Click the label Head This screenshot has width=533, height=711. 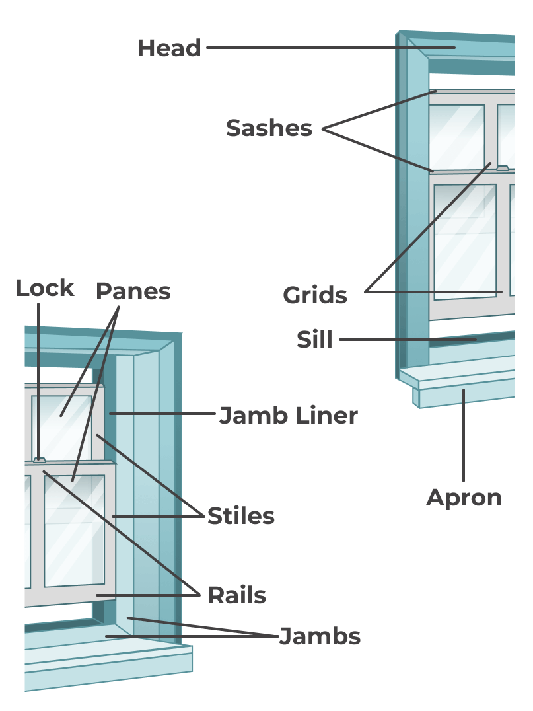[169, 48]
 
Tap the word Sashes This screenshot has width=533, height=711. [269, 128]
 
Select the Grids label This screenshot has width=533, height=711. [315, 295]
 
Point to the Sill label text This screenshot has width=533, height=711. [314, 340]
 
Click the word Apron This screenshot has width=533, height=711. [464, 497]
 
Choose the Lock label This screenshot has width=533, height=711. [45, 288]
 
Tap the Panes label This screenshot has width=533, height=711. [133, 291]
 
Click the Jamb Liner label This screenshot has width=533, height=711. [288, 416]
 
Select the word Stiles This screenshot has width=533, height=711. [240, 516]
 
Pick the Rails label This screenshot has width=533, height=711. [236, 595]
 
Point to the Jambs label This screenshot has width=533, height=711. [320, 636]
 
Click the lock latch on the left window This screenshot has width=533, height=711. [40, 459]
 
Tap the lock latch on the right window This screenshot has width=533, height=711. [503, 168]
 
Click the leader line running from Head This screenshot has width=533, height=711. [330, 48]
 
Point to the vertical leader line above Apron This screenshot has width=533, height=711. [464, 436]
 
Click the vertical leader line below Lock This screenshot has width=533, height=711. [38, 377]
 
